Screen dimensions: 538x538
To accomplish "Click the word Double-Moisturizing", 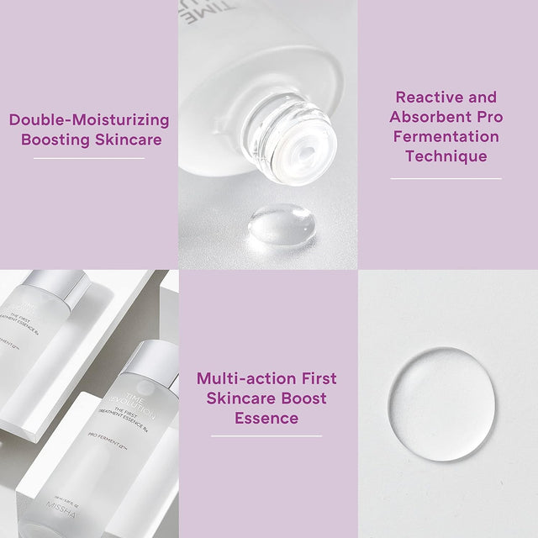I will click(x=89, y=119).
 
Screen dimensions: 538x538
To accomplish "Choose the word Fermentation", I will click(x=446, y=136).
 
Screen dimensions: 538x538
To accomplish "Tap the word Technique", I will click(x=446, y=156).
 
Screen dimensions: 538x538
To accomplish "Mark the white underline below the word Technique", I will click(x=446, y=178).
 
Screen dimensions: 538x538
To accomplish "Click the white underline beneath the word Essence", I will click(x=266, y=435).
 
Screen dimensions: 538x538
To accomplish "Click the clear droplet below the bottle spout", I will click(x=282, y=226).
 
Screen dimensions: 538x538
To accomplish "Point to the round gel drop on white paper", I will click(x=440, y=404).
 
